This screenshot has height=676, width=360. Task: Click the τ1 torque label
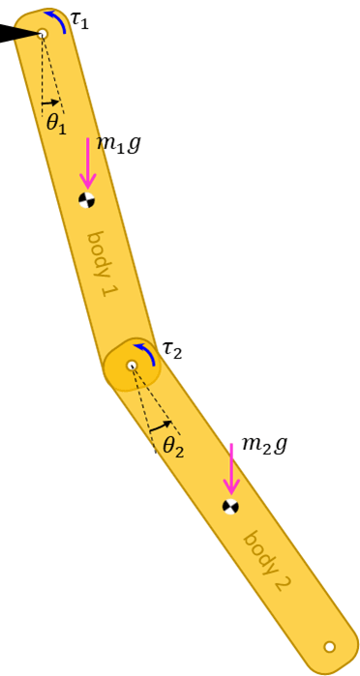[79, 20]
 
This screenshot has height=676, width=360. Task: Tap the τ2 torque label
[171, 349]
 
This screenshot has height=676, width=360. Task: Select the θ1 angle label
[56, 124]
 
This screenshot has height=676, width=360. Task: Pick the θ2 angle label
[172, 446]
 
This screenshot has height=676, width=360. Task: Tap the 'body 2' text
[267, 560]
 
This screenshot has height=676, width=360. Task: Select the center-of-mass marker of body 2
[230, 506]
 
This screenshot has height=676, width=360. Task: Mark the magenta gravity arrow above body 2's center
[230, 469]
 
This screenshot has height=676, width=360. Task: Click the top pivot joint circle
[42, 34]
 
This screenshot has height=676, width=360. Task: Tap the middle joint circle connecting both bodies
[133, 365]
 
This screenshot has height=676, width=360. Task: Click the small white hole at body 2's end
[329, 646]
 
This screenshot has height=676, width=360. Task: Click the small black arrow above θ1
[50, 102]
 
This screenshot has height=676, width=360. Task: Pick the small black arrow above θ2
[162, 425]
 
